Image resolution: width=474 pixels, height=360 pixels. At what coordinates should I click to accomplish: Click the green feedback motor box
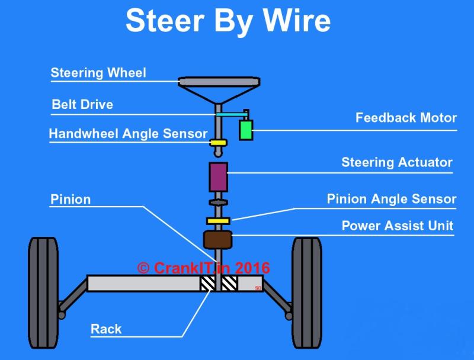point(246,130)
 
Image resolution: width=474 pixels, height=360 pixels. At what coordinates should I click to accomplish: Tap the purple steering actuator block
point(218,177)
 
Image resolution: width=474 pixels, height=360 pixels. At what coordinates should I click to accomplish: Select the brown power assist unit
point(217,239)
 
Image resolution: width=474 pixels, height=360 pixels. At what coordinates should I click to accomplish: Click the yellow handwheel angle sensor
point(218,143)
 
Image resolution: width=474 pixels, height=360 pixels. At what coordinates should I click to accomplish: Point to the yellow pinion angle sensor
point(218,221)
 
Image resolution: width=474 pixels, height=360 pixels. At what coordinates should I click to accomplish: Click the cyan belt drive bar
point(231,114)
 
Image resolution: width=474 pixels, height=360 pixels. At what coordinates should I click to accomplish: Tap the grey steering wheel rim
point(219,82)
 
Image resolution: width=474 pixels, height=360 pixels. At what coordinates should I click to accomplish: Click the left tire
point(43,292)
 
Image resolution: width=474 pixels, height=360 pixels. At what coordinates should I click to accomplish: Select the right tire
point(306,292)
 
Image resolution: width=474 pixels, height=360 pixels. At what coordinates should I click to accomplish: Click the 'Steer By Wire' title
point(228,21)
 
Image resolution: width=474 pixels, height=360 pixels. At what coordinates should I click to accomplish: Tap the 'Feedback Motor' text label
point(406,118)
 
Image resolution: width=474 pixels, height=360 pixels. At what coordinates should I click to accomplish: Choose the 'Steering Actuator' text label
point(397,162)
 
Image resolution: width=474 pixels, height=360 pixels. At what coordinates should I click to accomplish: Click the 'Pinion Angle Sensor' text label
point(392,200)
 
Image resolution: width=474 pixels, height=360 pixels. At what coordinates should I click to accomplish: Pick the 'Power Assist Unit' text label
point(398,226)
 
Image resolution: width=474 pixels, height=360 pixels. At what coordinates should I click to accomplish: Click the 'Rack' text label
point(106,329)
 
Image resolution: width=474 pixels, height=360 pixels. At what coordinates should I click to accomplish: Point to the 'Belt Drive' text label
point(82,104)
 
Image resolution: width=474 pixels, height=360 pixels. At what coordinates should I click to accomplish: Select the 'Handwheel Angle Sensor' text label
point(128,134)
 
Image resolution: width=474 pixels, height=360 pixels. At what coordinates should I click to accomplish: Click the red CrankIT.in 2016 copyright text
point(203,268)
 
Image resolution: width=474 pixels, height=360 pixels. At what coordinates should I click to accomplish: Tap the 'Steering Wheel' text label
point(98,73)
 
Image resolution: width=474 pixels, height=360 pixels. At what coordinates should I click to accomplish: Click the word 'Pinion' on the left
point(71,200)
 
